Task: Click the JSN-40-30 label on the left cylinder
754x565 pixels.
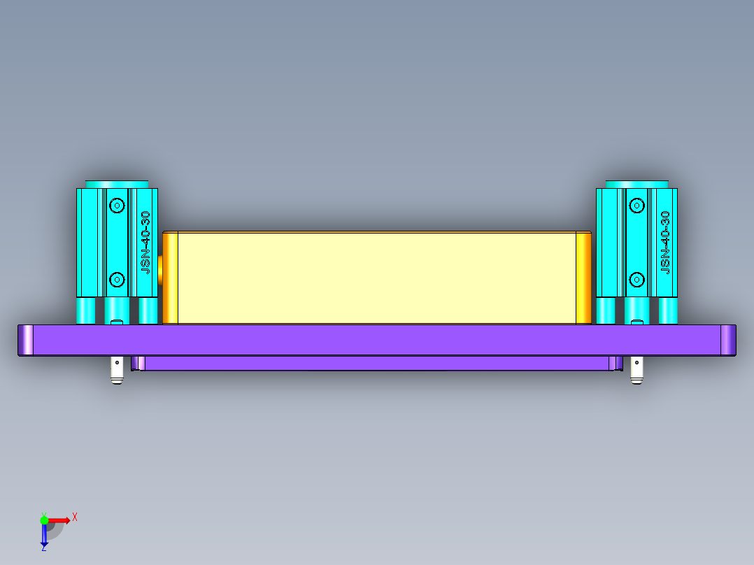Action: click(145, 241)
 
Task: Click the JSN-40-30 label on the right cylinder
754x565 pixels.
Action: click(665, 241)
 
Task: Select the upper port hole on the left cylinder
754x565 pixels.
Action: click(117, 205)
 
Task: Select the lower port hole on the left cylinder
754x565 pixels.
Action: click(117, 280)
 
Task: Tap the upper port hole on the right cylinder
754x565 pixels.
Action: click(636, 205)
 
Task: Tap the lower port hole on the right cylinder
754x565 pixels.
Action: click(636, 280)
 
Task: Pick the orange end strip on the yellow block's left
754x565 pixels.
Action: click(170, 278)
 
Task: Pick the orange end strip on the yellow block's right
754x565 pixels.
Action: click(583, 278)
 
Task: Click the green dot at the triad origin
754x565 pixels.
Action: click(44, 520)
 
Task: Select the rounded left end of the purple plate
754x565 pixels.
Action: click(26, 340)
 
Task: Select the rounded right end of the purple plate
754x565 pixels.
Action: click(728, 340)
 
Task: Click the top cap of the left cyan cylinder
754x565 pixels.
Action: click(118, 183)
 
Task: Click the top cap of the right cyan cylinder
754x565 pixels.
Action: click(636, 183)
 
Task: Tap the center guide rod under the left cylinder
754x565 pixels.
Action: click(117, 310)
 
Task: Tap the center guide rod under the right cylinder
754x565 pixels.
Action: click(636, 310)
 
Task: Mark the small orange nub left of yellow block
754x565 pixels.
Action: click(160, 269)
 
